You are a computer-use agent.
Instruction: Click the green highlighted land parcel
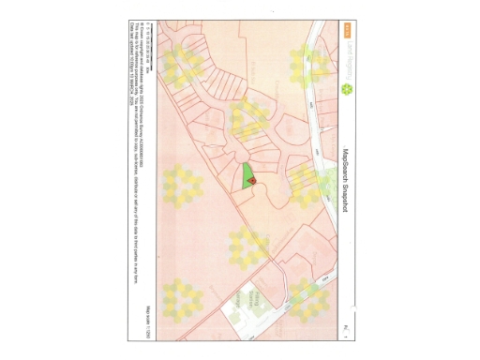(x=247, y=177)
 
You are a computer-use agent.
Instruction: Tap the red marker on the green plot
(x=250, y=182)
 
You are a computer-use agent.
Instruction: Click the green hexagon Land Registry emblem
(x=347, y=90)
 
